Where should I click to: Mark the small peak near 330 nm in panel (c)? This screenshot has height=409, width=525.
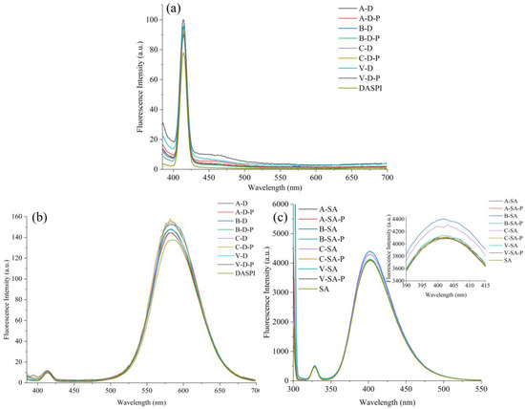(314, 367)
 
